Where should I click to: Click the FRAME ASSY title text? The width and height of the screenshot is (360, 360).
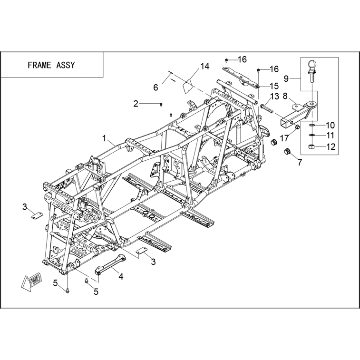click(x=51, y=65)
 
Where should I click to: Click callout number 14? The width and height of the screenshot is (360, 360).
click(x=205, y=67)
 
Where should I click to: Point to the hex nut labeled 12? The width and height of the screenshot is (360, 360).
click(x=311, y=146)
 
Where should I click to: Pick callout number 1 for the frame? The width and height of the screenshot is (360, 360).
click(x=104, y=138)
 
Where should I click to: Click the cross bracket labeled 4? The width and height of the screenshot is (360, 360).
click(x=110, y=264)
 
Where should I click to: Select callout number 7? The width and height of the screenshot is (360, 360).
click(x=300, y=162)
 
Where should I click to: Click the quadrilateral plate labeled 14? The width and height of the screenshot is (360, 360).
click(x=189, y=86)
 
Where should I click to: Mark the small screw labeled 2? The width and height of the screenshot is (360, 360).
click(x=161, y=105)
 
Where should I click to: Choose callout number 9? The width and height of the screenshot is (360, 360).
click(x=286, y=79)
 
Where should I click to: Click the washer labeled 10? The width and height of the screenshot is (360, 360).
click(x=312, y=125)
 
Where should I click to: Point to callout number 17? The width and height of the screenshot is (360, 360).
click(x=284, y=138)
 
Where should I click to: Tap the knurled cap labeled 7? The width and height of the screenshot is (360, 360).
click(x=287, y=152)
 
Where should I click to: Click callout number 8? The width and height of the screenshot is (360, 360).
click(x=285, y=96)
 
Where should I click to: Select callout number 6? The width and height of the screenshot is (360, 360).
click(x=156, y=87)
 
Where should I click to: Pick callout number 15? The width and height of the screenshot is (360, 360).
click(x=274, y=86)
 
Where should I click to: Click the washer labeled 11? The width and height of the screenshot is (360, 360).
click(x=311, y=135)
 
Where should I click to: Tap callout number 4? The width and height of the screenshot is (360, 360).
click(x=121, y=276)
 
